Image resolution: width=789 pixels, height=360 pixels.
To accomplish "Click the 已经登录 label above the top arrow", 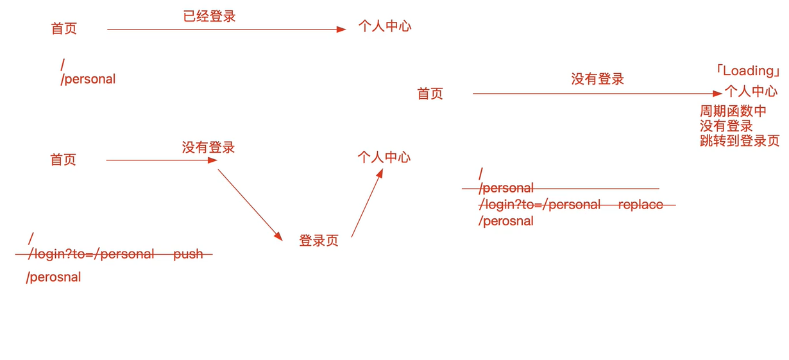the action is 210,17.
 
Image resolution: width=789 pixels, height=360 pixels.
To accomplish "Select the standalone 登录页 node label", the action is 319,241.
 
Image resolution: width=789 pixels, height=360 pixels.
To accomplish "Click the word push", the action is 188,254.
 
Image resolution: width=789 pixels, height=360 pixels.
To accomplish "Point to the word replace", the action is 640,205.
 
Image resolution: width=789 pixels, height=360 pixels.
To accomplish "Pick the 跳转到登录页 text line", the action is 740,141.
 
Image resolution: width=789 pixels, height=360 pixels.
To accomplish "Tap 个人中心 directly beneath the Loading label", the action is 751,90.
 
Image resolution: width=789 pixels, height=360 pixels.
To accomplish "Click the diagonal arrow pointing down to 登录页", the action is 250,205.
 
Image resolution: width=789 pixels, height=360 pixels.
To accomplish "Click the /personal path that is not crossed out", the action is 89,79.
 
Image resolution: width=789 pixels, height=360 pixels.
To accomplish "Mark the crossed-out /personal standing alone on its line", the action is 507,188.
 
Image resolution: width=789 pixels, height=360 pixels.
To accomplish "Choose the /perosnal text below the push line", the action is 54,278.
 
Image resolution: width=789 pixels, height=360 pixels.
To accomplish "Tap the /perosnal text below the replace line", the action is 506,221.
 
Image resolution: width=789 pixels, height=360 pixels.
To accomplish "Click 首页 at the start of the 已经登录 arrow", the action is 64,29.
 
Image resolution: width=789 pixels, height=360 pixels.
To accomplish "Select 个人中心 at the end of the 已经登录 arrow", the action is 385,27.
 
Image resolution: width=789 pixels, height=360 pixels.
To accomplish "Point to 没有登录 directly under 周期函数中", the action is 726,126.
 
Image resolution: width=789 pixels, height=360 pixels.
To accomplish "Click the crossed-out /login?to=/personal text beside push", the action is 92,254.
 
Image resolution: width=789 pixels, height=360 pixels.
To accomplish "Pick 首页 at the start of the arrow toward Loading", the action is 430,94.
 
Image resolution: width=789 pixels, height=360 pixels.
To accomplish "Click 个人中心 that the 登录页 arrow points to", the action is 384,157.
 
